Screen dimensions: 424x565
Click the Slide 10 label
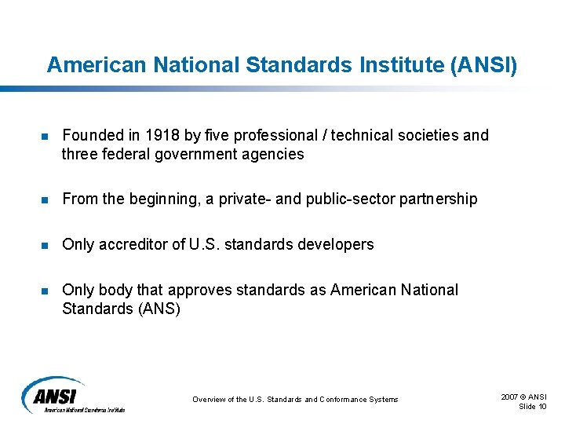click(x=533, y=406)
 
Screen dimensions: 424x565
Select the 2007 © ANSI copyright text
click(x=523, y=397)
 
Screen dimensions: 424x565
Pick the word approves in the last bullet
click(x=203, y=290)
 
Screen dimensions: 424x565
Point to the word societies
click(x=429, y=135)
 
